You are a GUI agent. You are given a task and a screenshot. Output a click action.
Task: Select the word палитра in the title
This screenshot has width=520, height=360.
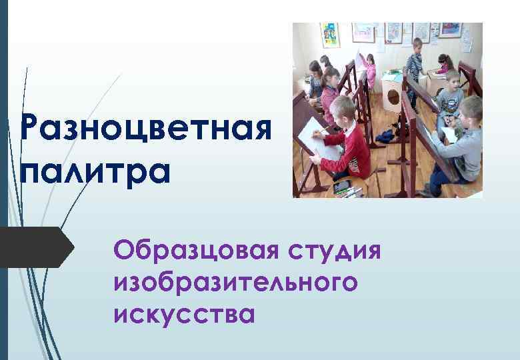coord(95,171)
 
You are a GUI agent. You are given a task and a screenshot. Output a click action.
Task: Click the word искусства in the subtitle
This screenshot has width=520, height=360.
coord(184,312)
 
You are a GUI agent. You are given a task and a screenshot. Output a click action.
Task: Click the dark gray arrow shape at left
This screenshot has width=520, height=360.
coord(37,247)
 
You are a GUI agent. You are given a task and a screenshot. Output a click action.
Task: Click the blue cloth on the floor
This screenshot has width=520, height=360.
coord(385,136)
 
